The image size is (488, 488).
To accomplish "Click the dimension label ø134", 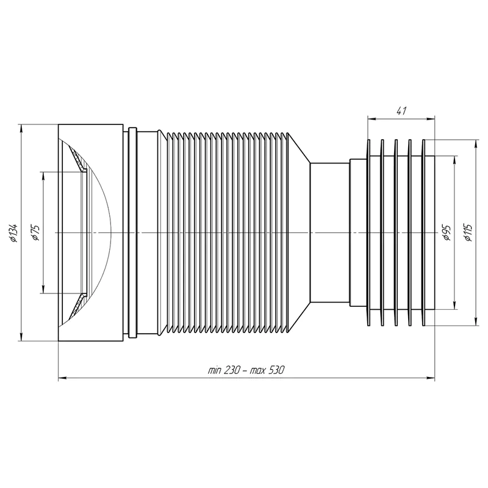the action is [13, 233].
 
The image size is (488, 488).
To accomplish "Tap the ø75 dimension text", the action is [35, 232].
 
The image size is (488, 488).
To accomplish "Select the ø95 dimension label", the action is [447, 232].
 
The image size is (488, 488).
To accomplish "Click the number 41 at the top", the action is [401, 110].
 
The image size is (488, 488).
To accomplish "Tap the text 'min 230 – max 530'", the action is [246, 370].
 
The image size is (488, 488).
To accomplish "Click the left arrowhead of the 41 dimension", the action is [371, 118].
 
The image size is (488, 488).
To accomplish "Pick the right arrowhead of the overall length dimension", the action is [431, 378].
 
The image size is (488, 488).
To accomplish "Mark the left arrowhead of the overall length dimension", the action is [62, 378].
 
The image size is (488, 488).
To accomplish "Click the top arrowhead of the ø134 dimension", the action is [21, 128].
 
